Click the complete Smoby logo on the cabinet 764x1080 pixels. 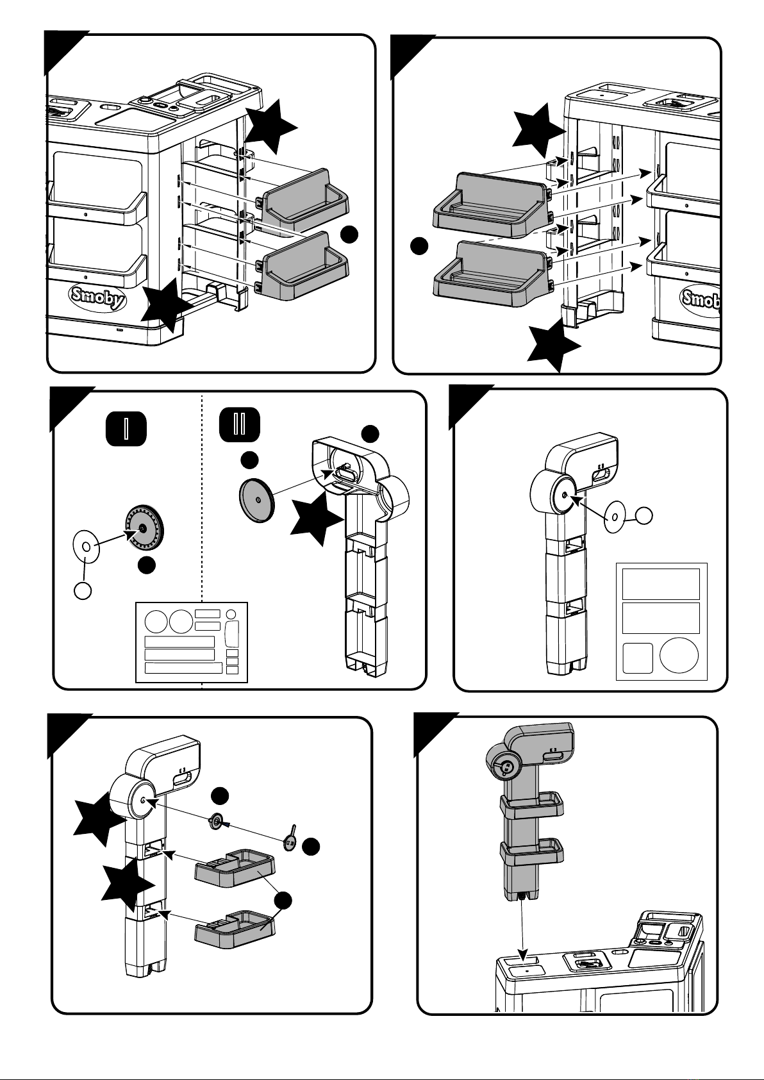point(97,299)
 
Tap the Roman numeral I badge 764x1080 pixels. point(126,429)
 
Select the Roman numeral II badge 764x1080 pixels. point(240,425)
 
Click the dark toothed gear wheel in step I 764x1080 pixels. point(145,528)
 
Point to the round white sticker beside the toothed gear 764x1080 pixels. point(87,547)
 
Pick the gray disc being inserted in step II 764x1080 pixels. point(256,501)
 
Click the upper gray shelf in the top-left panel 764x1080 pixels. point(303,201)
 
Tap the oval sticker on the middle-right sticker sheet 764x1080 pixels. point(679,655)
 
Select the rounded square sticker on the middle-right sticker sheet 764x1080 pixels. point(638,658)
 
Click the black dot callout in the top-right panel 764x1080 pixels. point(419,246)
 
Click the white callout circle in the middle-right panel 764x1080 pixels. point(644,515)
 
